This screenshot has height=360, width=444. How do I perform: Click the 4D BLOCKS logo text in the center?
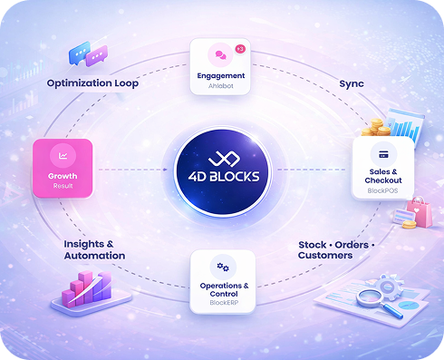click(224, 176)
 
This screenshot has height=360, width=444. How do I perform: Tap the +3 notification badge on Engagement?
click(240, 49)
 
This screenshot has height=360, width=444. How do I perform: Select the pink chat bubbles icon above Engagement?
click(220, 54)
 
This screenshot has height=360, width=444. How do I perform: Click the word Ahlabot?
click(221, 86)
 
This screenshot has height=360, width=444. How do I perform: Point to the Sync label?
click(352, 83)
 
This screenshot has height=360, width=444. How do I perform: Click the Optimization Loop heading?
click(92, 83)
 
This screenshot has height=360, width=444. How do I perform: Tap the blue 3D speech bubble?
click(79, 53)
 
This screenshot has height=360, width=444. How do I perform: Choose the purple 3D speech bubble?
click(97, 56)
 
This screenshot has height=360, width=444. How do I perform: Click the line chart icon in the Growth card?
click(63, 156)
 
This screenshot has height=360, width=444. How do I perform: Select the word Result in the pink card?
click(63, 186)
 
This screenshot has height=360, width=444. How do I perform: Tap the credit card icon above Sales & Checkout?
click(383, 154)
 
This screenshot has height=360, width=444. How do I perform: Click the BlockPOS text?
click(382, 190)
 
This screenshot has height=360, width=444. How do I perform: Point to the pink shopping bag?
click(420, 212)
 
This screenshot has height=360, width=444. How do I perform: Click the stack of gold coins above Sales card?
click(376, 127)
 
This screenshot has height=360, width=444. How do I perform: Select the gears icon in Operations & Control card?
click(223, 267)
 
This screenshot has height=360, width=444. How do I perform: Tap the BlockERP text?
click(224, 303)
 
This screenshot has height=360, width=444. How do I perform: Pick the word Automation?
click(94, 256)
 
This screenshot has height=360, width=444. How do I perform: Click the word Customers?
click(325, 256)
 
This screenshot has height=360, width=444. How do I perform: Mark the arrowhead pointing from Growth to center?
click(165, 170)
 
